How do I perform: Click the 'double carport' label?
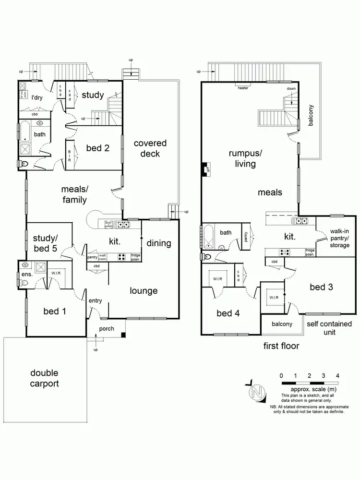click(44, 378)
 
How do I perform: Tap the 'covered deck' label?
click(150, 148)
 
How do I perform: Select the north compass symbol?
click(257, 392)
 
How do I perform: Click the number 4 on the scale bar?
click(338, 375)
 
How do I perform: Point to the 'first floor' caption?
click(281, 346)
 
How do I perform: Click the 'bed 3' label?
click(322, 287)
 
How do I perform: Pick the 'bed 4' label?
click(228, 313)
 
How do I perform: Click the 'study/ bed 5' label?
click(46, 243)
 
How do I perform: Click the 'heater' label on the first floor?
click(243, 88)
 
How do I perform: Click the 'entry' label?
click(96, 300)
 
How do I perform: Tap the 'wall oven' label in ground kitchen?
click(103, 256)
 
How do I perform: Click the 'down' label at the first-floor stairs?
click(291, 89)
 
